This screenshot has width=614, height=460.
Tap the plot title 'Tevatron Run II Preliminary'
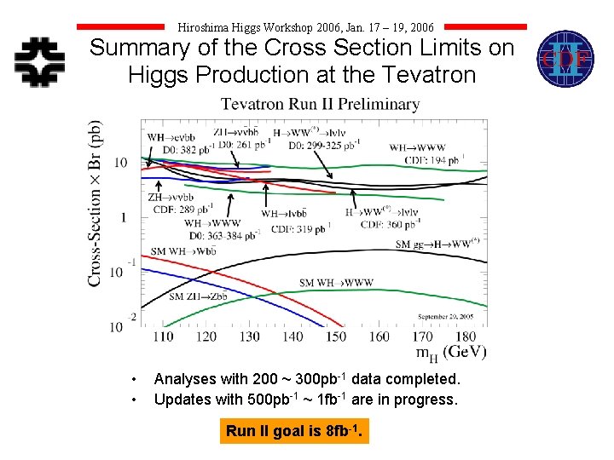(x=320, y=105)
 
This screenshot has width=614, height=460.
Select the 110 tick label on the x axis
(x=162, y=336)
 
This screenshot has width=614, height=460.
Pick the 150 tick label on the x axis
(x=335, y=336)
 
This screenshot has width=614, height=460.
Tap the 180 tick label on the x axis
(x=466, y=336)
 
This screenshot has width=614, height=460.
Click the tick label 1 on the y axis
(x=123, y=217)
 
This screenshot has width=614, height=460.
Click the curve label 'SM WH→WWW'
(x=336, y=283)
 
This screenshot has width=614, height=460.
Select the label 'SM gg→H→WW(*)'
(x=437, y=244)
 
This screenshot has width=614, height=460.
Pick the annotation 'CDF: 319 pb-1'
(x=300, y=228)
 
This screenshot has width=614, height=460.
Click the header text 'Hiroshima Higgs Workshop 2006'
(x=273, y=27)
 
